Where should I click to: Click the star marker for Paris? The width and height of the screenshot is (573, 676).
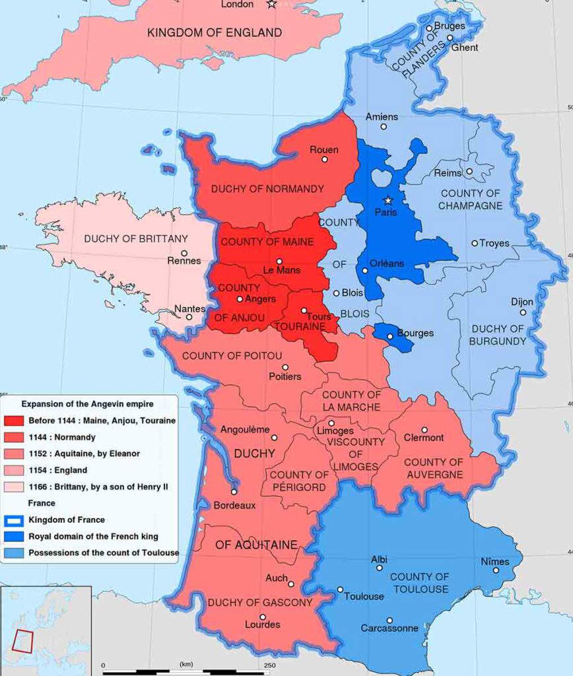[388, 200]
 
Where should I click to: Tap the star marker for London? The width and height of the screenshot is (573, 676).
[271, 5]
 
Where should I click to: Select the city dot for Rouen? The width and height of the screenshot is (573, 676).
[324, 160]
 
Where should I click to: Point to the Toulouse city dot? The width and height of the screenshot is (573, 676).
[340, 590]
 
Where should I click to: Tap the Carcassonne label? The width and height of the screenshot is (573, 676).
[389, 628]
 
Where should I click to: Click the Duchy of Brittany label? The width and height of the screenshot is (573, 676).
[127, 238]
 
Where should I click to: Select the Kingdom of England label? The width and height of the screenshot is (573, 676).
[215, 32]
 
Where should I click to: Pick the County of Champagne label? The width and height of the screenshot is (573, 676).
[471, 199]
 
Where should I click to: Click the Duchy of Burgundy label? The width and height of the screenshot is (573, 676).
[498, 335]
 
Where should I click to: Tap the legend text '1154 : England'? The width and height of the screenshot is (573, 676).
[58, 470]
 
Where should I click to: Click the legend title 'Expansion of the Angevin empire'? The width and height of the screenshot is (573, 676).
[87, 403]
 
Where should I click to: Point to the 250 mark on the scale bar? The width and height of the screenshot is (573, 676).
[269, 665]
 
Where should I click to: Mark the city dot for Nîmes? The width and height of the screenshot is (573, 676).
[496, 570]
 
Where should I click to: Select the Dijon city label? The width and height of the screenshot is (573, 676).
[522, 302]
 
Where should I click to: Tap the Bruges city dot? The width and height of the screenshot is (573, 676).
[429, 28]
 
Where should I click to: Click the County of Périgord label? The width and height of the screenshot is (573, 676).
[299, 481]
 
